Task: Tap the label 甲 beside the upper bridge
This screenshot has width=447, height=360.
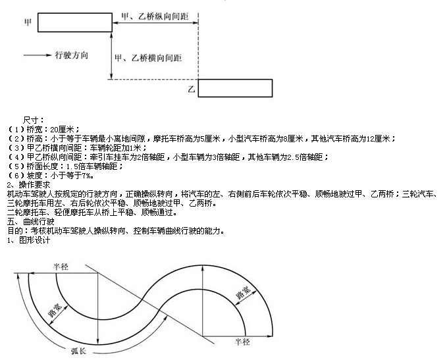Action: click(28, 22)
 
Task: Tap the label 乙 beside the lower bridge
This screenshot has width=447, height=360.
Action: click(192, 89)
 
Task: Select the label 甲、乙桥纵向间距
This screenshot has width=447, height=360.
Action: click(155, 16)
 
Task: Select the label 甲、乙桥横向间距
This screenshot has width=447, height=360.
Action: click(148, 58)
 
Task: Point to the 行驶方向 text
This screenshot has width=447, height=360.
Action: click(71, 55)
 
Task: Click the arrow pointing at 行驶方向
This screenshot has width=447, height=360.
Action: click(38, 55)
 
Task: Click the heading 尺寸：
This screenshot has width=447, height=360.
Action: click(34, 120)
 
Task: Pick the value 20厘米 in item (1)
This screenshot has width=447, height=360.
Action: click(63, 130)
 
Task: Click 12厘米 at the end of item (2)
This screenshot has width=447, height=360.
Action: click(379, 139)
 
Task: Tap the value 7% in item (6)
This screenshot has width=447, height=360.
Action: click(86, 176)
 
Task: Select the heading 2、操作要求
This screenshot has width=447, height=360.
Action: click(28, 185)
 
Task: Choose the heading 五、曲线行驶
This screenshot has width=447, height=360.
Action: click(30, 222)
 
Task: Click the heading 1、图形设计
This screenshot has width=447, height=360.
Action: click(28, 240)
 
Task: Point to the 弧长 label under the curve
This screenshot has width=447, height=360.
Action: click(79, 351)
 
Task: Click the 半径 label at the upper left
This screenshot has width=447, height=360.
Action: click(61, 267)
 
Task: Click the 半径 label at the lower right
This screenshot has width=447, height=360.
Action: click(242, 342)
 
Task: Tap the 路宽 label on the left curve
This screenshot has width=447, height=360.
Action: click(55, 310)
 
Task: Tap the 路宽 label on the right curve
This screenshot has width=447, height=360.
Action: click(243, 292)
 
